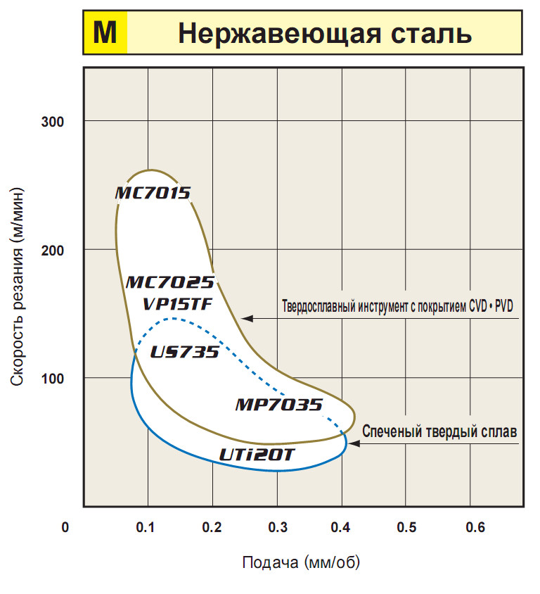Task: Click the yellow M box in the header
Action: (x=105, y=34)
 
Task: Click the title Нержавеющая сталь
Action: (x=324, y=34)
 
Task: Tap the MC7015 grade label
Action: (x=153, y=193)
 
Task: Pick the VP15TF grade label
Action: (x=177, y=304)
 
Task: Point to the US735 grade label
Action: (x=185, y=353)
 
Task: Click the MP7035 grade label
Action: (x=278, y=405)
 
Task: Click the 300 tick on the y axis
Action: (x=54, y=122)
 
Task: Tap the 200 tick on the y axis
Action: (x=54, y=250)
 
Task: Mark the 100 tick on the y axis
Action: (x=54, y=378)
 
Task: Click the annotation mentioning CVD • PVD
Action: (x=398, y=308)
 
